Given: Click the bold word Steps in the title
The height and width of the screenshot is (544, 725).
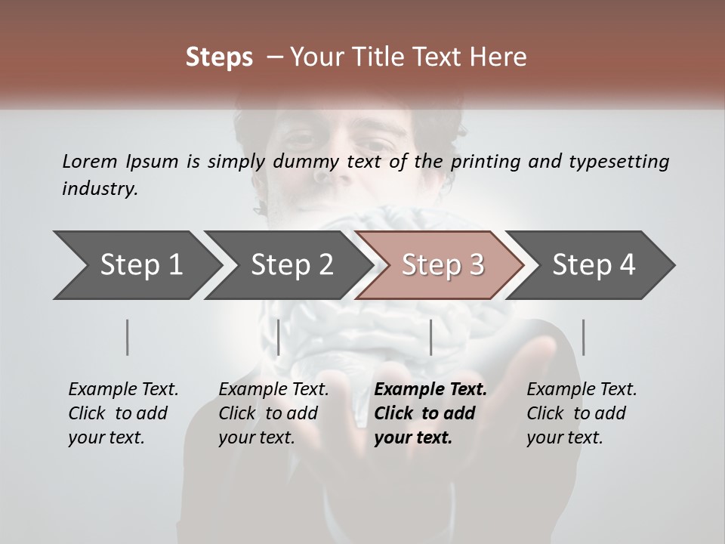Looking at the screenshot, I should (x=219, y=57).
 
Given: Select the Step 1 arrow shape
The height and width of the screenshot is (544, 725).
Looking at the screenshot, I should (x=136, y=265).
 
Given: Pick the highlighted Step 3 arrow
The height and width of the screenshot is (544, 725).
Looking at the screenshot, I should (x=442, y=265).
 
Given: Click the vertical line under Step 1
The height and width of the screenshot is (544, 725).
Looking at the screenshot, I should (x=127, y=337).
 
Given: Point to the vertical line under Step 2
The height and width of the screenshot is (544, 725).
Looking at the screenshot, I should (x=279, y=337).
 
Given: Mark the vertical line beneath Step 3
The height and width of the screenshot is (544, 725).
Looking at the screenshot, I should (x=430, y=337).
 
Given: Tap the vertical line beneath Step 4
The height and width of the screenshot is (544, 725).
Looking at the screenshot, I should (x=583, y=337).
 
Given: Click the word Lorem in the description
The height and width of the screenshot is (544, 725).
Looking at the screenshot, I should (x=90, y=161).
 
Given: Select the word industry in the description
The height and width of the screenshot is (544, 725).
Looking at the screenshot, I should (x=100, y=189).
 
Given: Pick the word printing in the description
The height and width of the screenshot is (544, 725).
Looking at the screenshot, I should (x=486, y=162).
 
